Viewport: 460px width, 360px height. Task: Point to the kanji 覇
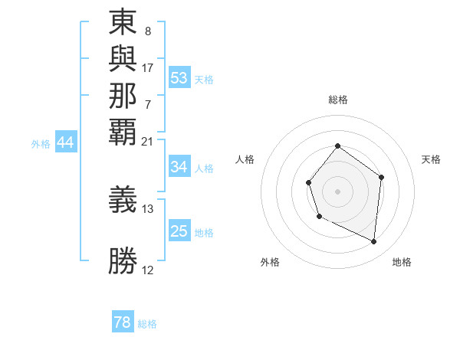click(x=123, y=131)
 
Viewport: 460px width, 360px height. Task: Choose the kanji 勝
click(x=123, y=260)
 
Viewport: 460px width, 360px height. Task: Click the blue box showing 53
click(x=179, y=78)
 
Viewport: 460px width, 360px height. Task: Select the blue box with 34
click(x=179, y=167)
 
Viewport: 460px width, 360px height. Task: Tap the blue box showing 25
click(x=179, y=231)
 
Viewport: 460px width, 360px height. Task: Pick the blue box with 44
click(x=66, y=142)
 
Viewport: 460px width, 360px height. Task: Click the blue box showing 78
click(x=123, y=323)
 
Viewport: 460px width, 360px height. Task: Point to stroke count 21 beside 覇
click(x=148, y=141)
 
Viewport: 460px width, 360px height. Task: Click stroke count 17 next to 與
click(x=148, y=68)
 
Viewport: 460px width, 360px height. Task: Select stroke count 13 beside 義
click(x=148, y=208)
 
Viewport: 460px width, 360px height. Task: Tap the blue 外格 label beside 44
click(x=41, y=143)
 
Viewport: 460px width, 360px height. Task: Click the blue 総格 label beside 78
click(x=147, y=324)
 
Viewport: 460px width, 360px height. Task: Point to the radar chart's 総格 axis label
click(x=337, y=100)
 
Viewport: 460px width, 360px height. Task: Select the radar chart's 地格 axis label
click(x=402, y=262)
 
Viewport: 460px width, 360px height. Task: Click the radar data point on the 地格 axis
click(x=374, y=242)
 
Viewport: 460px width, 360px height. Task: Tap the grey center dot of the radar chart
click(x=337, y=191)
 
